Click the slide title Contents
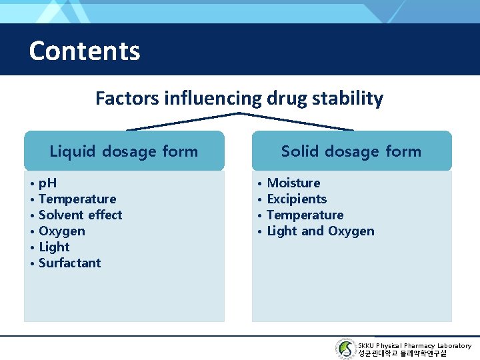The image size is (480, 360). click(85, 51)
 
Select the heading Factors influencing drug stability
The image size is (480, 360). click(239, 99)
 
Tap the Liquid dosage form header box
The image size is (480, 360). click(124, 151)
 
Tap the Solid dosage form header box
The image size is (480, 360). click(351, 151)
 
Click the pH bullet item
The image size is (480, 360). click(47, 183)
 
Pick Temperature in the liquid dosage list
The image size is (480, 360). click(77, 199)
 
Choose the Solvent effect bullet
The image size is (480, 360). click(80, 215)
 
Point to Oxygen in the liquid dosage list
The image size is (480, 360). click(61, 231)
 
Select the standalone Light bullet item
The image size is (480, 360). click(54, 247)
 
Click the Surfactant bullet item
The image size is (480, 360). click(69, 263)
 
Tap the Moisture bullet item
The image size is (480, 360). click(293, 183)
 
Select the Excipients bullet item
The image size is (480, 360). click(297, 199)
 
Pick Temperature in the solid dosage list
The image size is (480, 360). click(305, 215)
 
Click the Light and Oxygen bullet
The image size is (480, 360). click(320, 231)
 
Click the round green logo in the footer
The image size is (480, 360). click(345, 349)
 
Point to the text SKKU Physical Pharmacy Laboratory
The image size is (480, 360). click(414, 345)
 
